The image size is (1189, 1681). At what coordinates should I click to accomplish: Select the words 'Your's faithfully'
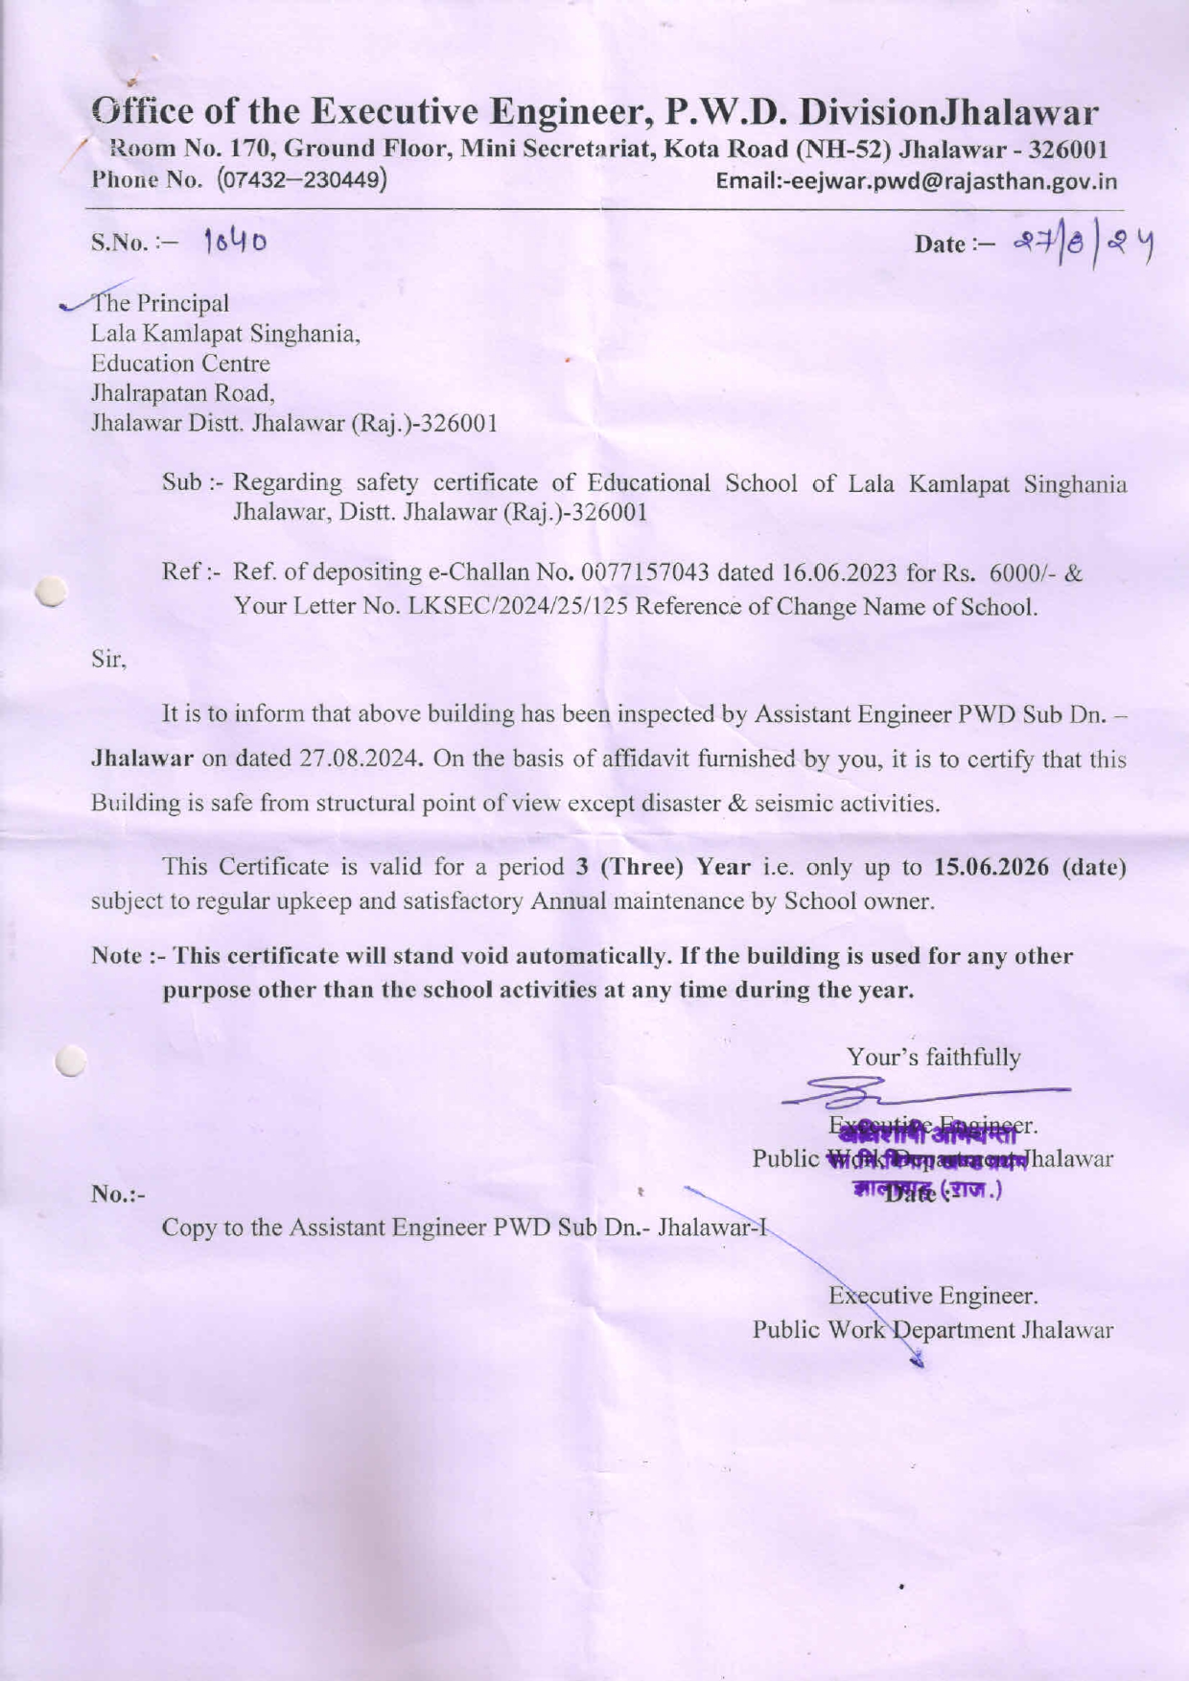(x=933, y=1057)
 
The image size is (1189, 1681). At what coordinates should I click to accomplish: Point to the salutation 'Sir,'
(x=109, y=660)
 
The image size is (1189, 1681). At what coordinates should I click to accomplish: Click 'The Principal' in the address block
(x=160, y=303)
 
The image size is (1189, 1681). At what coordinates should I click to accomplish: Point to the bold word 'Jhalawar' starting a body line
(x=142, y=759)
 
